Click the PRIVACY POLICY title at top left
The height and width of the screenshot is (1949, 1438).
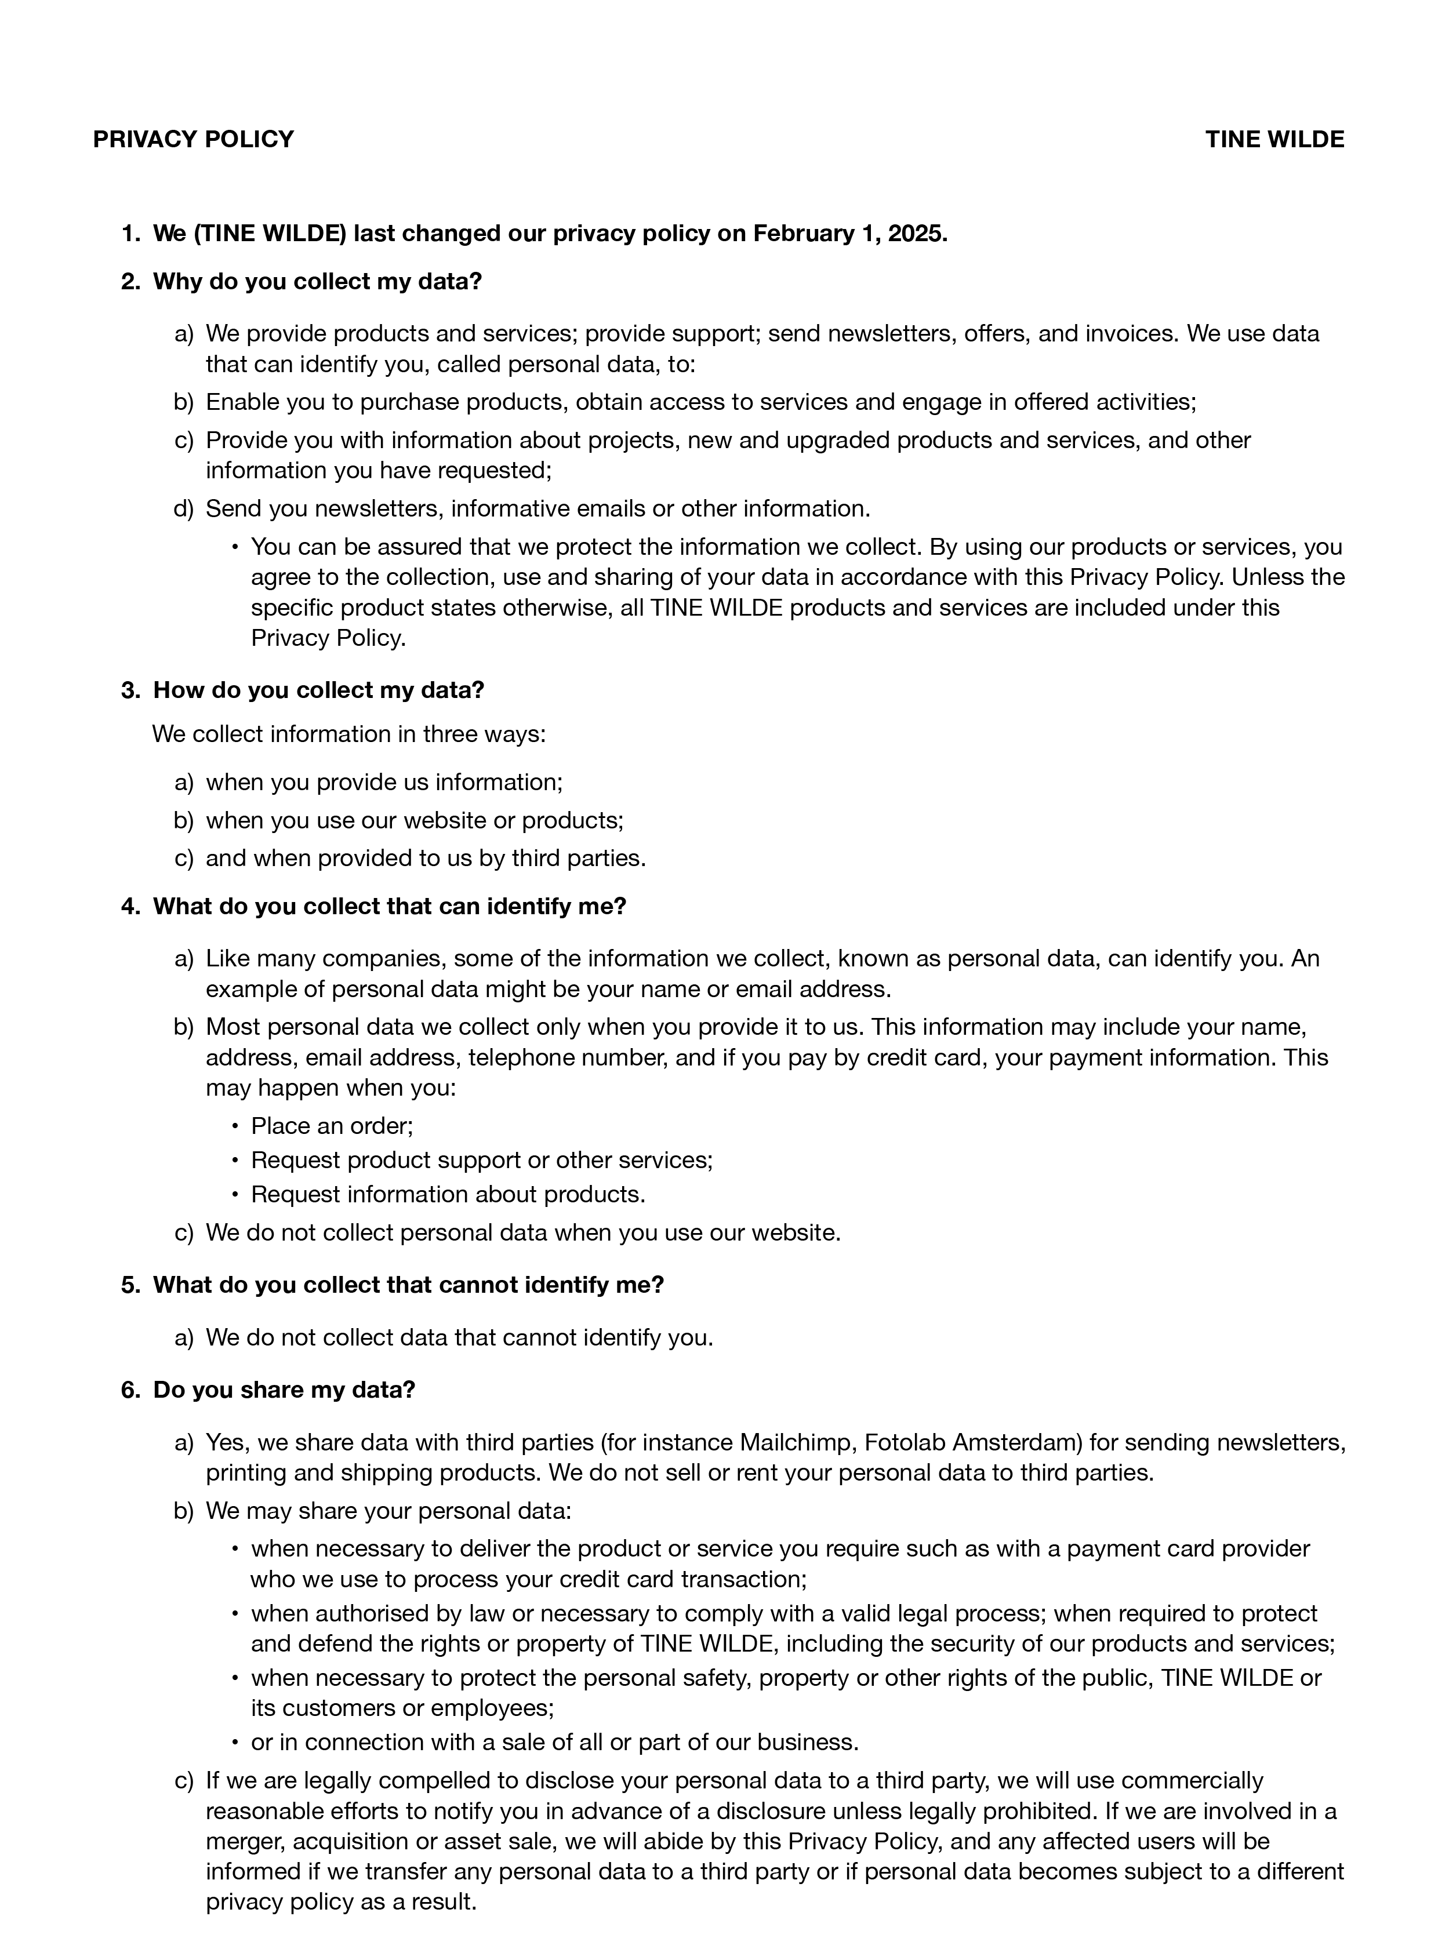193,139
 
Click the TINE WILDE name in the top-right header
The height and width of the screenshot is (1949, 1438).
1274,139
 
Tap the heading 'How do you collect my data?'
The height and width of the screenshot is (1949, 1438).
318,690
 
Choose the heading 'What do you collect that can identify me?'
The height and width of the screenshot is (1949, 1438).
389,907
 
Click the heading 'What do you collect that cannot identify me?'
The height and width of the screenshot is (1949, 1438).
408,1285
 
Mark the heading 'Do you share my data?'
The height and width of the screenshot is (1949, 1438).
284,1390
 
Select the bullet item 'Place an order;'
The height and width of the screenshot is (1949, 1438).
332,1126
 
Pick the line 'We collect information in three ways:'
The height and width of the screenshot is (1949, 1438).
349,734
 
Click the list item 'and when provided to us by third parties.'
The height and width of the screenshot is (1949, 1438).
426,859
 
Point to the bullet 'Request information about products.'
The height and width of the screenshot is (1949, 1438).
448,1195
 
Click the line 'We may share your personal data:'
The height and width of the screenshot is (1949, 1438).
388,1511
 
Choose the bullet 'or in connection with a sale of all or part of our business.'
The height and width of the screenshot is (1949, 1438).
554,1742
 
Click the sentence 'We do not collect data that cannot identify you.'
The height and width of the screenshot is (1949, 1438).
459,1337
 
